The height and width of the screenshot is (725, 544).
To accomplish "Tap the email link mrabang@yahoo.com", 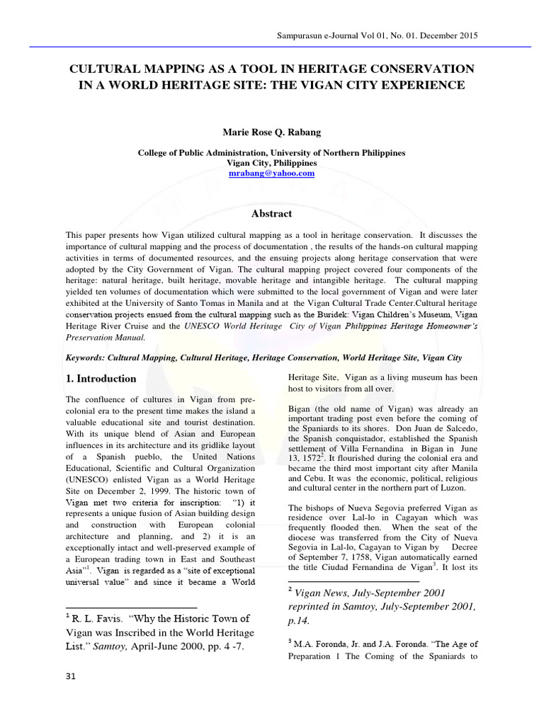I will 271,173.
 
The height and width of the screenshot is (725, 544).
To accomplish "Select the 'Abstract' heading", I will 272,213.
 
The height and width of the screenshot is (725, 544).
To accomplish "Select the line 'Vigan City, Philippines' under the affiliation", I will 271,163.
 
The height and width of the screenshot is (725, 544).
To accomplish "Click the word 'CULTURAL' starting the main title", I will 103,69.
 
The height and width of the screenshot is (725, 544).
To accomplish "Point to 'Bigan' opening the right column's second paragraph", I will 301,409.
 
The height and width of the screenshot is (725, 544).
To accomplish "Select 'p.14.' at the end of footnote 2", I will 301,621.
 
